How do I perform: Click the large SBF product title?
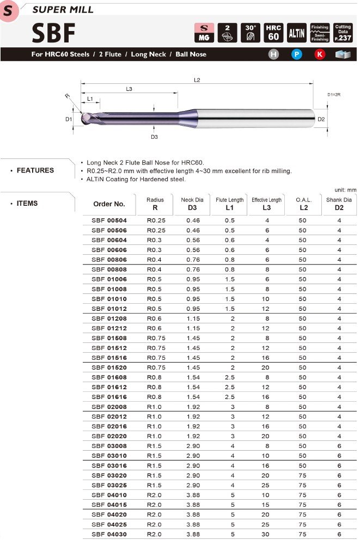53,33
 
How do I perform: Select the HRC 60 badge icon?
273,33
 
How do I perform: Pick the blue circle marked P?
296,54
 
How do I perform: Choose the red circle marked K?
319,54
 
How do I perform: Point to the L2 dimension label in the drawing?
197,80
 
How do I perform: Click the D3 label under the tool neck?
154,137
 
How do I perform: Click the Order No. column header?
109,204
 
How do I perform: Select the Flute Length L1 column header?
229,204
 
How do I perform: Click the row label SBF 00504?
109,220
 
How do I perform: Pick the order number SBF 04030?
109,534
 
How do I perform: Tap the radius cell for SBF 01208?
156,318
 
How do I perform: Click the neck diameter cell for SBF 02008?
193,407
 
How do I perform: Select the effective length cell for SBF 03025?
267,485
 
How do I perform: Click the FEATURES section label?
35,170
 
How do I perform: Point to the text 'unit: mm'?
344,189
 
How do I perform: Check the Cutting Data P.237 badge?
343,33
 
